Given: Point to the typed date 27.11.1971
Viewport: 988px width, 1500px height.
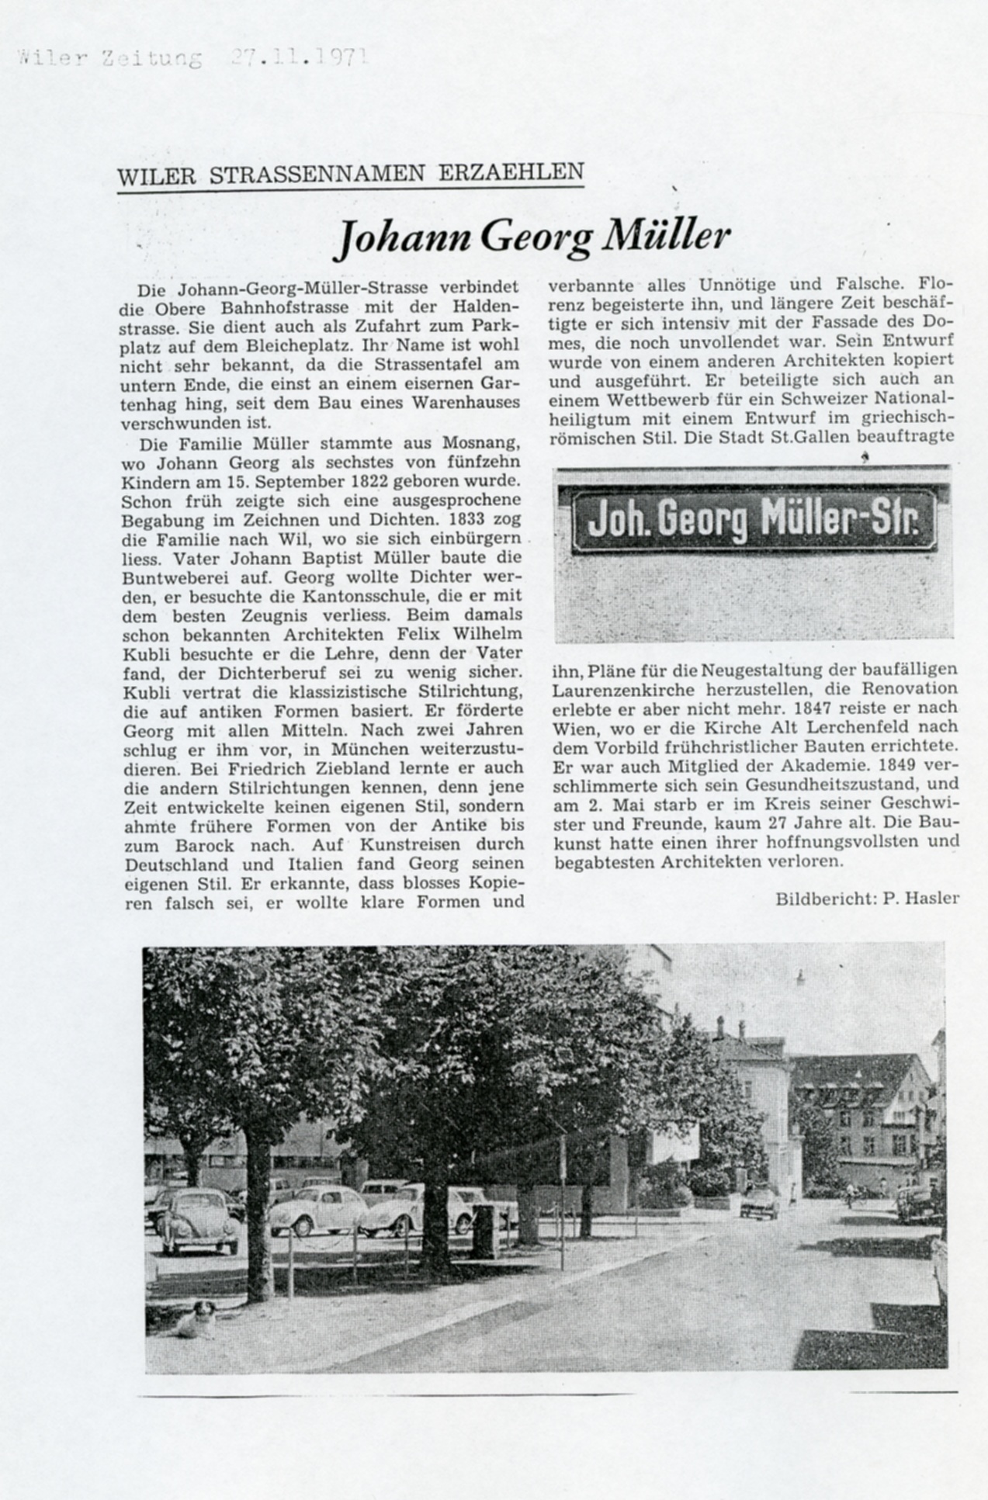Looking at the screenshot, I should [x=298, y=58].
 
